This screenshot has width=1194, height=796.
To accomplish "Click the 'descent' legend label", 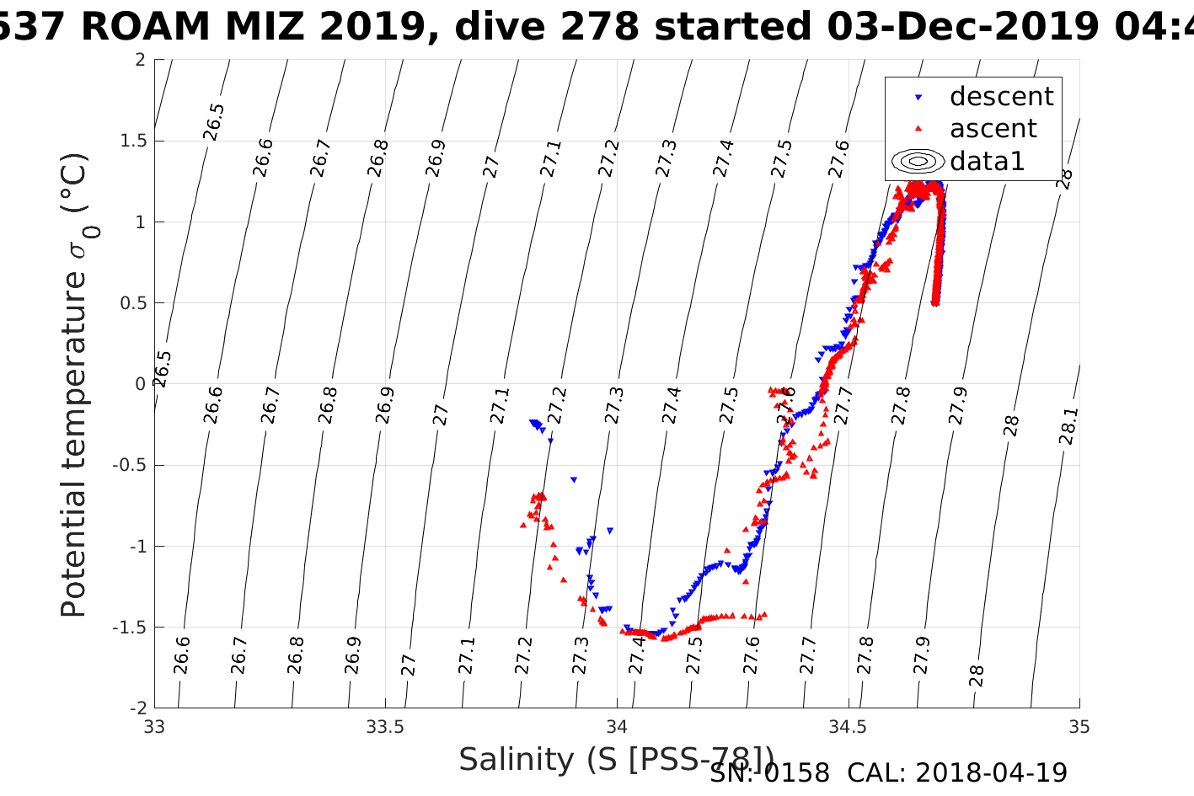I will point(1001,97).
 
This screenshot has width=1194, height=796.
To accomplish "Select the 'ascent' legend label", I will point(993,129).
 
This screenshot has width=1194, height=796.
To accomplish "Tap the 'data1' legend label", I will point(987,161).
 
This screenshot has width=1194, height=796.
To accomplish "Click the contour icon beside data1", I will point(918,161).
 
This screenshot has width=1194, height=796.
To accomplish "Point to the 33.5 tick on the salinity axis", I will point(385,727).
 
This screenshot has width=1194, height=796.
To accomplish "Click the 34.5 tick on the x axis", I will point(848,727).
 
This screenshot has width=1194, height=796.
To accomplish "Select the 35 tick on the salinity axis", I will point(1079,727).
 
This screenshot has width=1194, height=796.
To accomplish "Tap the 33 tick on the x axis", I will point(154,727).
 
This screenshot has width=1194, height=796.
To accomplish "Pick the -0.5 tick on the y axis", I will point(126,465).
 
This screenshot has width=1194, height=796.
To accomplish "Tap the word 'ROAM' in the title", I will point(146,27).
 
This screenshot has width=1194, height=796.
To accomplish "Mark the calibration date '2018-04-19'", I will point(991,772).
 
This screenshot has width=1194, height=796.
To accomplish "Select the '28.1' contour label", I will point(1068,426).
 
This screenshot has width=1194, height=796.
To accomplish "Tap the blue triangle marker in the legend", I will point(918,98).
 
